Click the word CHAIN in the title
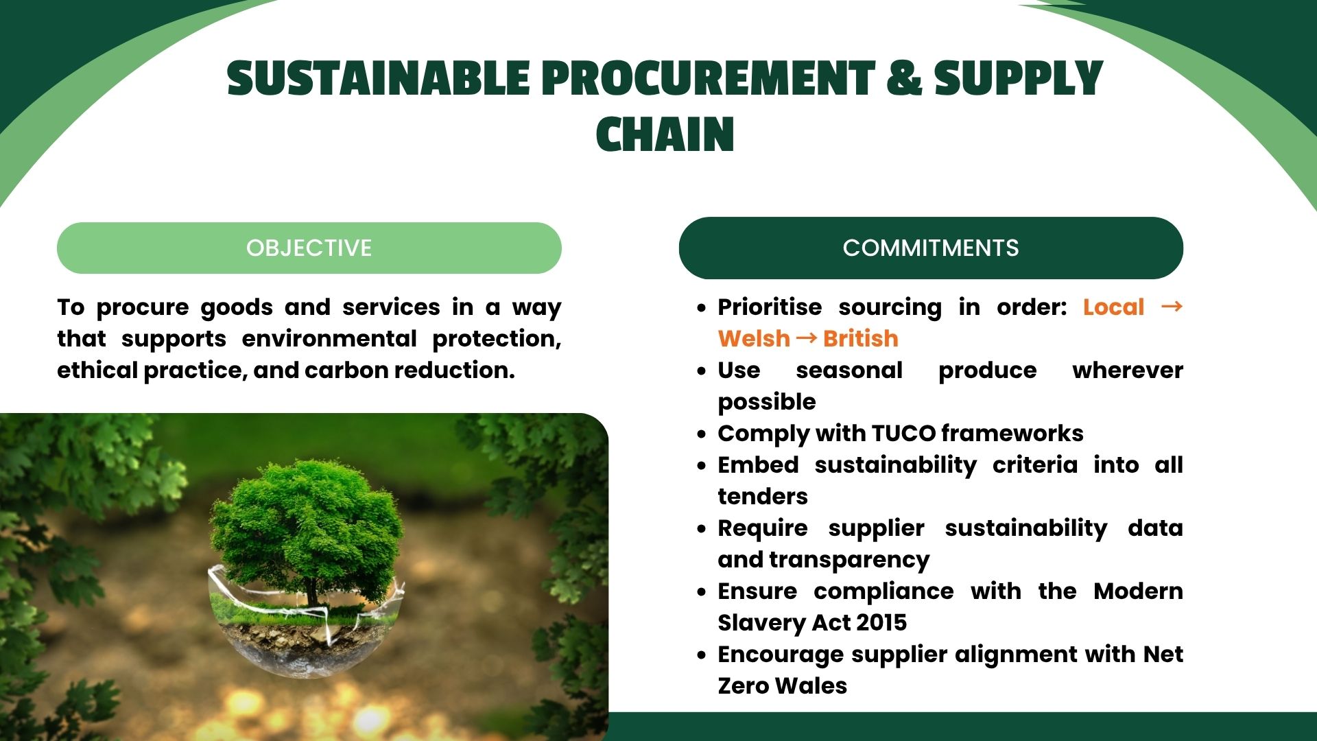[x=665, y=134]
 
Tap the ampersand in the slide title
[x=903, y=78]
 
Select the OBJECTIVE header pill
[x=309, y=248]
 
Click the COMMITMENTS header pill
[x=931, y=248]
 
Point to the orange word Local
[x=1113, y=307]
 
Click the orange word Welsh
[x=754, y=338]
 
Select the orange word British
[x=861, y=338]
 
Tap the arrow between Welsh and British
[x=807, y=338]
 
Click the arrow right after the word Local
[x=1172, y=306]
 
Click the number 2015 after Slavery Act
[x=881, y=622]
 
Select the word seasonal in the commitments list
[x=849, y=370]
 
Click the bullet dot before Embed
[x=701, y=466]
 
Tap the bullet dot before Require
[x=701, y=529]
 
